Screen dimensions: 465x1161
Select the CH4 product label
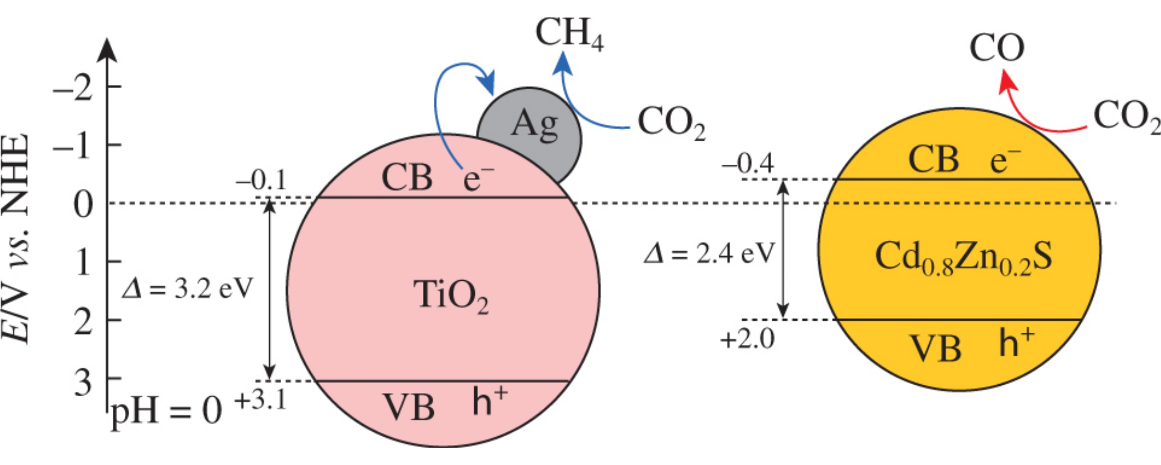pyautogui.click(x=569, y=34)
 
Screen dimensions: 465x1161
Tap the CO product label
pyautogui.click(x=996, y=48)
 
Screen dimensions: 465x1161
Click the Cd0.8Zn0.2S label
pyautogui.click(x=963, y=258)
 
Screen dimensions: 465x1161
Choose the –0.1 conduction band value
pyautogui.click(x=261, y=181)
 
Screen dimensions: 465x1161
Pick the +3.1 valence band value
pyautogui.click(x=261, y=401)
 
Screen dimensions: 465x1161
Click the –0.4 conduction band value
pyautogui.click(x=748, y=164)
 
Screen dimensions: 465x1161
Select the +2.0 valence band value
pyautogui.click(x=748, y=339)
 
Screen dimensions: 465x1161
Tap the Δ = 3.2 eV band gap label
pyautogui.click(x=187, y=289)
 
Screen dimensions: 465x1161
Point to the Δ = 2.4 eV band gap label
pyautogui.click(x=709, y=255)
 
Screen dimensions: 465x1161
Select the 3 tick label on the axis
pyautogui.click(x=83, y=383)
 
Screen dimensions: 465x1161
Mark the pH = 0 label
pyautogui.click(x=166, y=410)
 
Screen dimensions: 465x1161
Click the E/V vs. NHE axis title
pyautogui.click(x=16, y=239)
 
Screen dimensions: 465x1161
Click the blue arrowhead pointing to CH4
pyautogui.click(x=563, y=63)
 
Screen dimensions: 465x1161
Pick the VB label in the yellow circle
pyautogui.click(x=935, y=348)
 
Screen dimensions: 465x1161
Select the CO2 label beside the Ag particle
pyautogui.click(x=671, y=123)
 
